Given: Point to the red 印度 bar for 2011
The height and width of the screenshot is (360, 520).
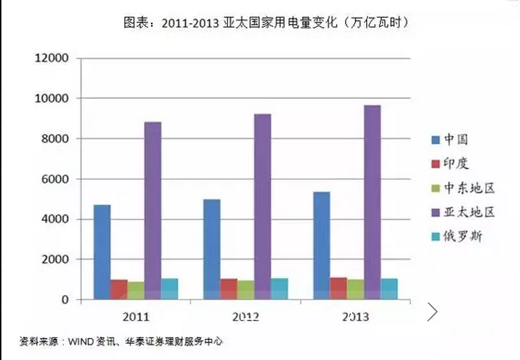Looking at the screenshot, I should (x=119, y=289).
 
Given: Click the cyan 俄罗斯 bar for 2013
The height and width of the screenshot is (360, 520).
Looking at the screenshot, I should (x=389, y=289).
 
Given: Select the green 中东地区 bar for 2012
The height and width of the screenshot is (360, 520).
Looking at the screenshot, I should (x=246, y=290).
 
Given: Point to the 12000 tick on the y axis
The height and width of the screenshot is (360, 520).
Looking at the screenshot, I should (x=52, y=58).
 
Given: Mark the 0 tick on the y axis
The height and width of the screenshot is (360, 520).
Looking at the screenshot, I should (x=66, y=300).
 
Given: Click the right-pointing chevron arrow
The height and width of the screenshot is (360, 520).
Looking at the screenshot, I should (x=433, y=311).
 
